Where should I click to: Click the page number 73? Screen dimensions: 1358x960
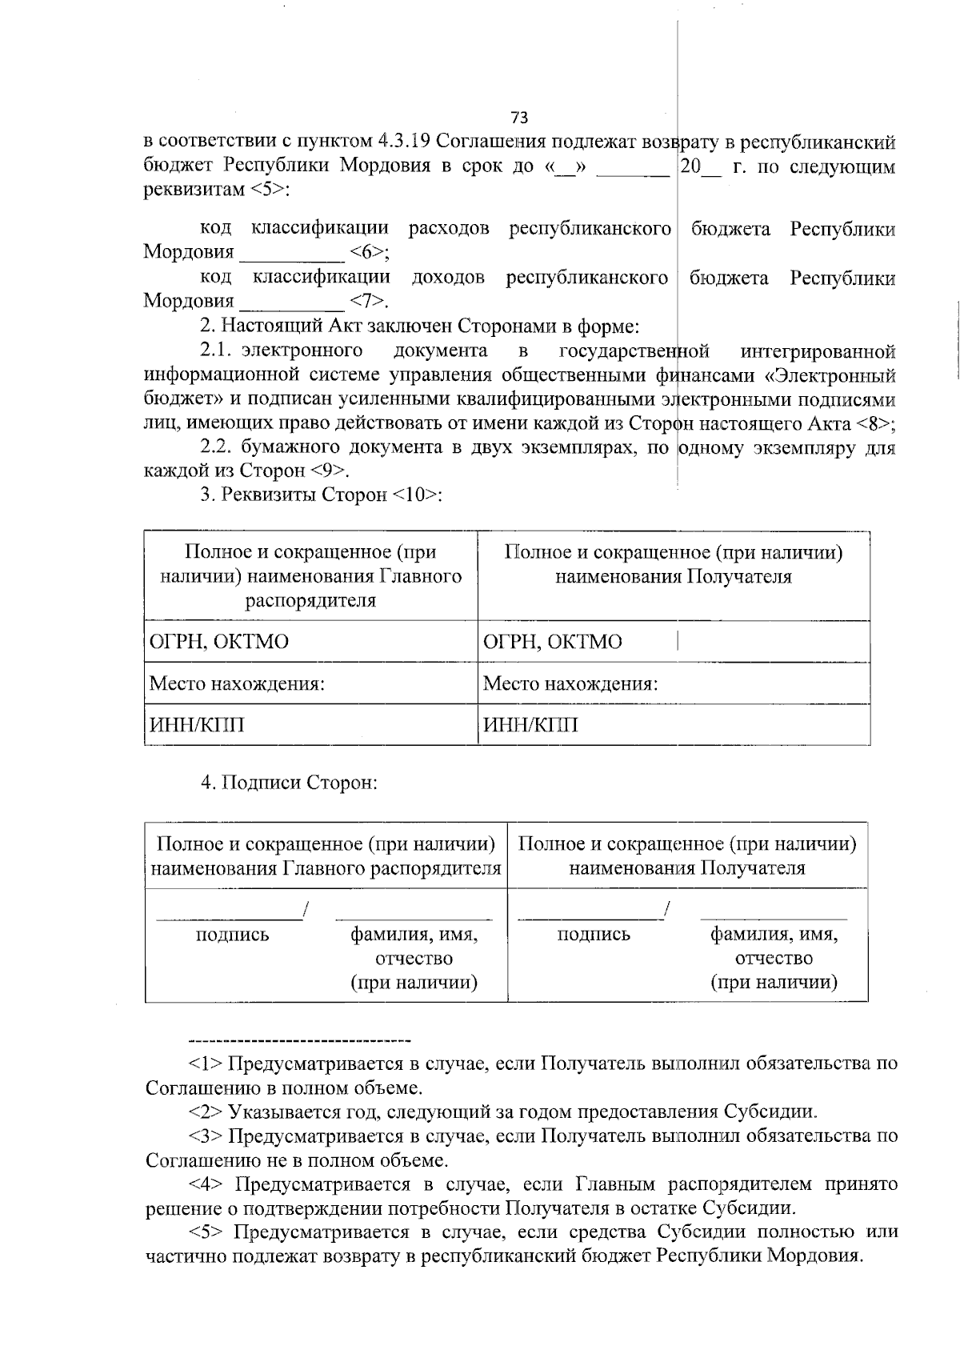518,118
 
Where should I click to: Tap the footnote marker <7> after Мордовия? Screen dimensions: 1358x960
366,302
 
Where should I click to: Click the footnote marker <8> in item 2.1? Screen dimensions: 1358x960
873,423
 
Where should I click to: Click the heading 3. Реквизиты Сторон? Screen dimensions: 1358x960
321,495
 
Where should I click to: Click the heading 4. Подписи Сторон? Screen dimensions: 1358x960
289,783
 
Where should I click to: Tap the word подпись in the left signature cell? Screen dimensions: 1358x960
232,935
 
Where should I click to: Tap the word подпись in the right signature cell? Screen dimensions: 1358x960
594,935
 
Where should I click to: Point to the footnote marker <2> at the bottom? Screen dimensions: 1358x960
206,1112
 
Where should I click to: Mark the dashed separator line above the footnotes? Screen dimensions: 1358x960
298,1041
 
